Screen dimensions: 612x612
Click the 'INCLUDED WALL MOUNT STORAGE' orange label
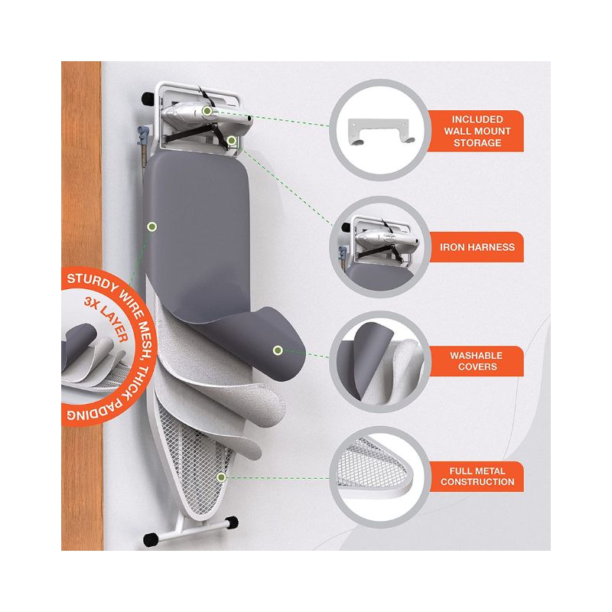click(477, 131)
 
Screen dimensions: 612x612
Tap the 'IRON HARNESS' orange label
click(477, 247)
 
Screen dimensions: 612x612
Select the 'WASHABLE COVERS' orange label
click(477, 361)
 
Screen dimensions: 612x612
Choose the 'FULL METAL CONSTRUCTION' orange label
click(477, 477)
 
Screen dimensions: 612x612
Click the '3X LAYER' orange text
click(106, 319)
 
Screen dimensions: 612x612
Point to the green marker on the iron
click(207, 111)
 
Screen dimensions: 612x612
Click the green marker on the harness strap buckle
click(232, 141)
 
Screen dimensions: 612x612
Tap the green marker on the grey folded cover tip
click(278, 350)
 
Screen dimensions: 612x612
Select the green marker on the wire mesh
click(221, 477)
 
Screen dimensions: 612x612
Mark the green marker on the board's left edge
click(152, 226)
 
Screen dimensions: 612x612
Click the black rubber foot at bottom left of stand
click(151, 539)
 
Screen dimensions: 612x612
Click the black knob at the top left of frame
click(148, 98)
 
